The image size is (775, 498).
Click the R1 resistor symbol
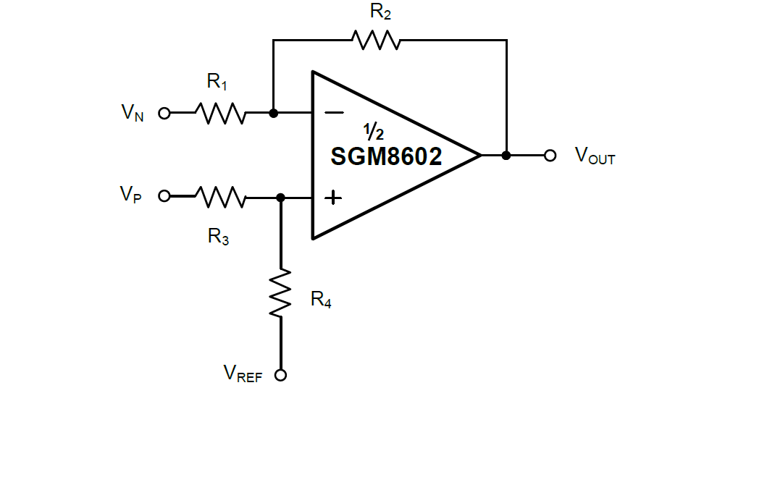[220, 113]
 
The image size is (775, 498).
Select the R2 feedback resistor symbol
[375, 40]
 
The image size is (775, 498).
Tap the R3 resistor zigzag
[220, 196]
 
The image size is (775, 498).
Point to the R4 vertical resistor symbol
[280, 292]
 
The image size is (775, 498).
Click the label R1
[217, 82]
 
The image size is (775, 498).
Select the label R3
[218, 236]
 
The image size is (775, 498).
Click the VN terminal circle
[164, 113]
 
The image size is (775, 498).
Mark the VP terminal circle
[164, 195]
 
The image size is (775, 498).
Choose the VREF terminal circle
[280, 375]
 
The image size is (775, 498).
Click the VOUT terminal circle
[550, 155]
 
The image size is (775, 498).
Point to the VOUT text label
[595, 156]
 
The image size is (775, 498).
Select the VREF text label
[243, 373]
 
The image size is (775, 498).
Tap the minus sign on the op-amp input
[334, 113]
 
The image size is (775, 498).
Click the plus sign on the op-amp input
[333, 197]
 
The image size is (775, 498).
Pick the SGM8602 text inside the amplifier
[386, 156]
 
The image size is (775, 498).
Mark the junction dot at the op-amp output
[506, 155]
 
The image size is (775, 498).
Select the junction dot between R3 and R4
[280, 196]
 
